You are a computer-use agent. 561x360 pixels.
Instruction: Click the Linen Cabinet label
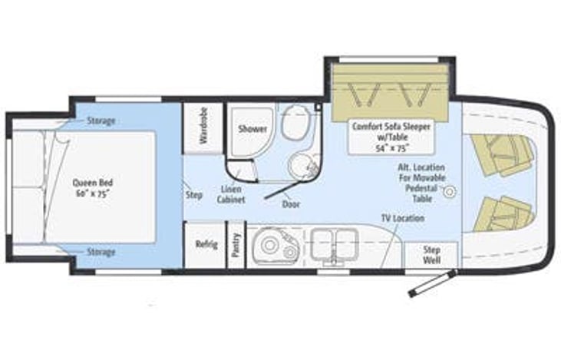coord(232,193)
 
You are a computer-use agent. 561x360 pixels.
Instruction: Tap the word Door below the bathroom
coord(291,205)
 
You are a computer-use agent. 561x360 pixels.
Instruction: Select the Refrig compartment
coord(206,244)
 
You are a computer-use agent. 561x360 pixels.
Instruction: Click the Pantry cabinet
coord(236,246)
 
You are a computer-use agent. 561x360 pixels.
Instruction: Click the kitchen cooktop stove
coord(332,245)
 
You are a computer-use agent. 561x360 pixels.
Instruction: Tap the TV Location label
coord(403,218)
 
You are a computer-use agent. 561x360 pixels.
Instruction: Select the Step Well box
coord(431,255)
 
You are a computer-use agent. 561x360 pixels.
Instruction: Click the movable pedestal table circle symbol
coord(450,190)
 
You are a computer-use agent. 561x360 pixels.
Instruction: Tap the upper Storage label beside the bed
coord(101,121)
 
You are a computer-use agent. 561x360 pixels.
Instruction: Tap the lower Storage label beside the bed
coord(101,252)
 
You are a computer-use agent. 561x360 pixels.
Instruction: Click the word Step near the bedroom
coord(194,194)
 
